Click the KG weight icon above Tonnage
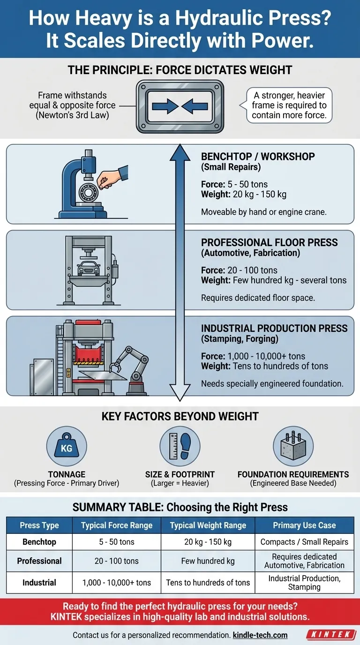[67, 446]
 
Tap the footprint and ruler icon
[180, 446]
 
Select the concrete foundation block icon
[293, 446]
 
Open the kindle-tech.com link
[260, 635]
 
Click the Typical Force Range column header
[117, 525]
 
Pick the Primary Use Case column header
[304, 525]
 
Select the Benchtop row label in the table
[39, 541]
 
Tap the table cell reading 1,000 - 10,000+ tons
[117, 583]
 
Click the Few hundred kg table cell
[208, 561]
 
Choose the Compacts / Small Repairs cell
[304, 541]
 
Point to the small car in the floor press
[89, 268]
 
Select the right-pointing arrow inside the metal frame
[165, 106]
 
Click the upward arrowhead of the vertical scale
[180, 152]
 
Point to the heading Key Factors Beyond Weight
[180, 416]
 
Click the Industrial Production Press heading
[274, 328]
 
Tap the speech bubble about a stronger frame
[287, 105]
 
